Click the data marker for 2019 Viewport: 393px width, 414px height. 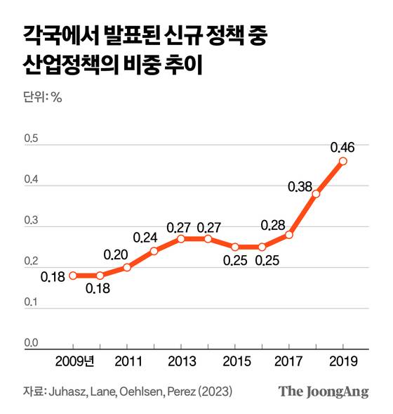click(342, 161)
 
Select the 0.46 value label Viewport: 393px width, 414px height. click(342, 148)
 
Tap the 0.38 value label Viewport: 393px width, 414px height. click(300, 187)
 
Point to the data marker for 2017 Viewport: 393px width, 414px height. click(288, 234)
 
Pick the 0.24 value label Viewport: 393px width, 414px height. click(146, 237)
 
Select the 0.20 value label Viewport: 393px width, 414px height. click(116, 254)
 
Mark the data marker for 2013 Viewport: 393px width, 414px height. click(180, 238)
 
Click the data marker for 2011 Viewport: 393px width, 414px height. click(127, 267)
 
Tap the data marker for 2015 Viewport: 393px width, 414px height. click(234, 247)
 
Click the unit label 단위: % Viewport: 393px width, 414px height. click(43, 98)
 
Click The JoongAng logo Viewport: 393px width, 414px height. click(324, 392)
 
